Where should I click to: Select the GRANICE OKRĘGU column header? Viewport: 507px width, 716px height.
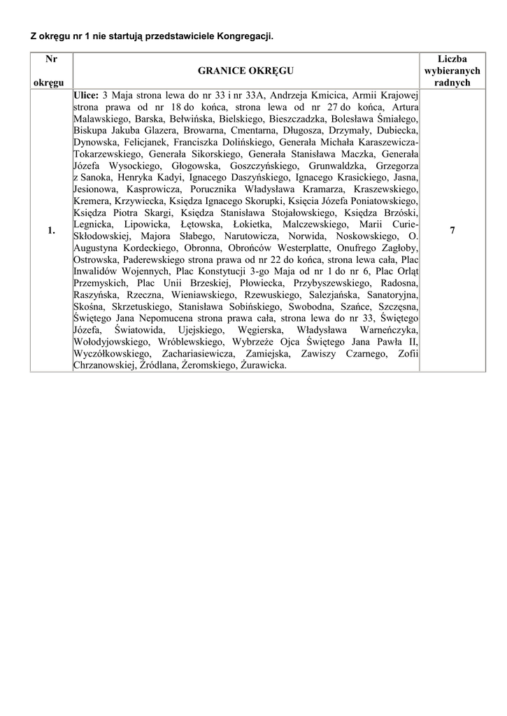pyautogui.click(x=245, y=71)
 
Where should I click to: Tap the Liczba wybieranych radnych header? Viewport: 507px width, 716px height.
pyautogui.click(x=452, y=71)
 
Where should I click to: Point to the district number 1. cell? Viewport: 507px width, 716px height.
pyautogui.click(x=51, y=231)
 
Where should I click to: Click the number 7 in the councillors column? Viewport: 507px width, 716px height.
pyautogui.click(x=452, y=231)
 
